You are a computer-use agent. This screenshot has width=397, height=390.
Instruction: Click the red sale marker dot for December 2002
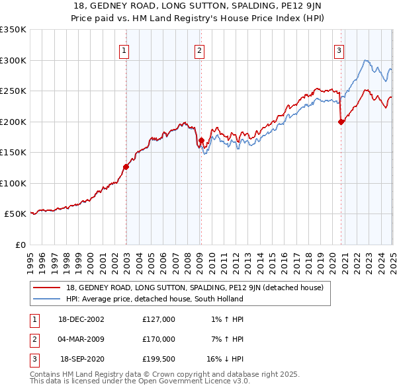(x=126, y=167)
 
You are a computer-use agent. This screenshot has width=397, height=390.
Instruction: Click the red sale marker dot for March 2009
(x=200, y=140)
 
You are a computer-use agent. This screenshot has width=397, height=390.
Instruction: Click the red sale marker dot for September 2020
(x=341, y=122)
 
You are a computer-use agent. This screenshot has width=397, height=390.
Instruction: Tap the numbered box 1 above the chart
(x=124, y=50)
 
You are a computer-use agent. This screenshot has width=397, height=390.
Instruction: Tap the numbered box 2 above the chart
(x=199, y=50)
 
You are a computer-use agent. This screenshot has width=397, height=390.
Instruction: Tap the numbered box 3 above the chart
(x=339, y=50)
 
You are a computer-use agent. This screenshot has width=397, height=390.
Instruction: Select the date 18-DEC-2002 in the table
(x=81, y=319)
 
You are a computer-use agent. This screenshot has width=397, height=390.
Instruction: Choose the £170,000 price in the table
(x=159, y=340)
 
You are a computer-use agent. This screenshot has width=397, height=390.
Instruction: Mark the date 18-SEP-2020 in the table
(x=81, y=360)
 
